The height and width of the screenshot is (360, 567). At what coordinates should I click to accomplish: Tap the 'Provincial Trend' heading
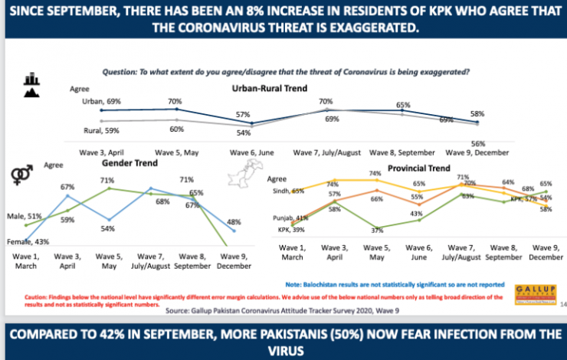tap(420, 168)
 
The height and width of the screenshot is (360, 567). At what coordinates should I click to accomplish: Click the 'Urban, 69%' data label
tap(103, 101)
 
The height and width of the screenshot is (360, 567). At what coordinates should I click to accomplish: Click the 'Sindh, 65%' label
tap(289, 190)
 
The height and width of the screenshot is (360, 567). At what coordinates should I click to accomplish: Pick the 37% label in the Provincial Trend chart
tap(376, 230)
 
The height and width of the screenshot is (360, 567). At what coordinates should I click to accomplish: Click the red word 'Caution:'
tap(36, 295)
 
